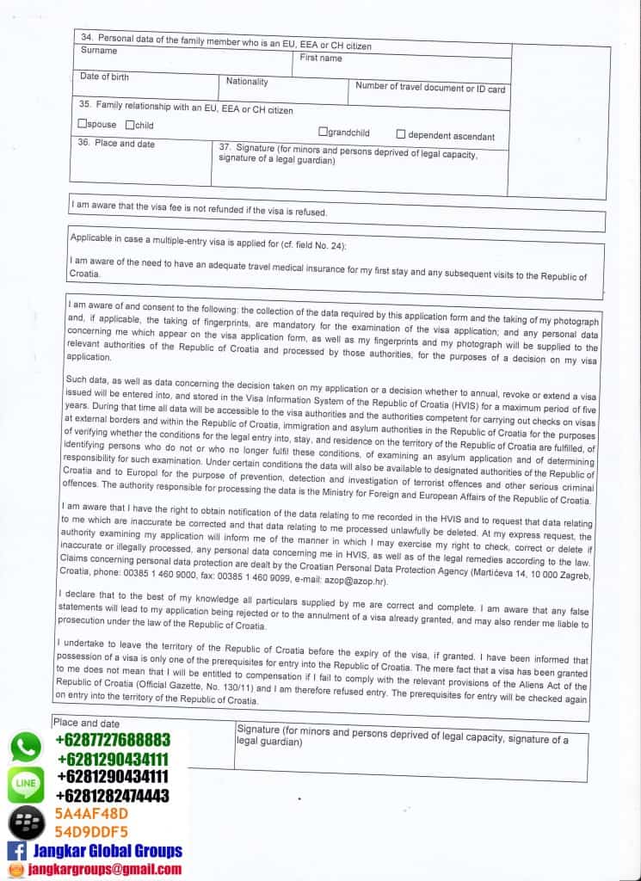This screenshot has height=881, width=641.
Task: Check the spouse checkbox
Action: [x=82, y=125]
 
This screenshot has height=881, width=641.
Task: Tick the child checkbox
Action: [x=130, y=125]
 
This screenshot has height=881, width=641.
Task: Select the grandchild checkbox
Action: [x=324, y=132]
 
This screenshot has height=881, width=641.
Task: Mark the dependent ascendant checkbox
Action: [x=401, y=134]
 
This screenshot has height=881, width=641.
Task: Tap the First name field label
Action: [x=321, y=59]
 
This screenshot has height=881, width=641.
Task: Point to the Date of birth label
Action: [x=104, y=77]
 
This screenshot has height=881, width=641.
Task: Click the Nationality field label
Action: [x=247, y=82]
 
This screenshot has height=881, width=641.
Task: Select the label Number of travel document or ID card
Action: [x=430, y=88]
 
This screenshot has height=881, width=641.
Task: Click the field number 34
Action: [x=87, y=37]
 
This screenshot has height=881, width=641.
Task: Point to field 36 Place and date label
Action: [x=116, y=144]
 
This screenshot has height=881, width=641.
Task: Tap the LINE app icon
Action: [x=26, y=786]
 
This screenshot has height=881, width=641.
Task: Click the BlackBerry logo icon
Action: [x=27, y=823]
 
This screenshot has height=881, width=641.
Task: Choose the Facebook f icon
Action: [x=16, y=851]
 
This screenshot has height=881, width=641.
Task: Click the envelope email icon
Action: [x=15, y=869]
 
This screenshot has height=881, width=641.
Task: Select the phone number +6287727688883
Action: [x=112, y=740]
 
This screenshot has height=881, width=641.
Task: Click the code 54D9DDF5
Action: [x=91, y=832]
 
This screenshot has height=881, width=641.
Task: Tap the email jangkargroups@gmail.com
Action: [x=105, y=869]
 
